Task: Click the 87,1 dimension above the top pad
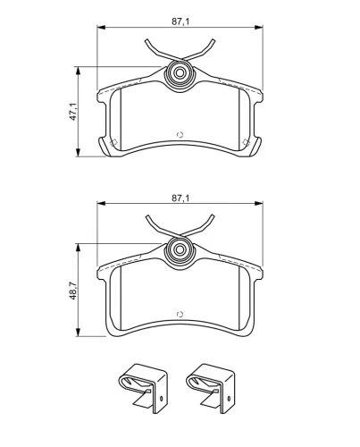[x=180, y=21]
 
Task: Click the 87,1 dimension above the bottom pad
[x=180, y=198]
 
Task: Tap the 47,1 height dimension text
[x=73, y=112]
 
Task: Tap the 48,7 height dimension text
[x=73, y=291]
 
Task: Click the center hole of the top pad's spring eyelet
[x=180, y=73]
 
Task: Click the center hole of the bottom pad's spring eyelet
[x=180, y=249]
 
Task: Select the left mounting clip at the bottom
[x=143, y=388]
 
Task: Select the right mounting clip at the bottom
[x=210, y=388]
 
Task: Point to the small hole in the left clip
[x=162, y=399]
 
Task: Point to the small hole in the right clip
[x=229, y=399]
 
